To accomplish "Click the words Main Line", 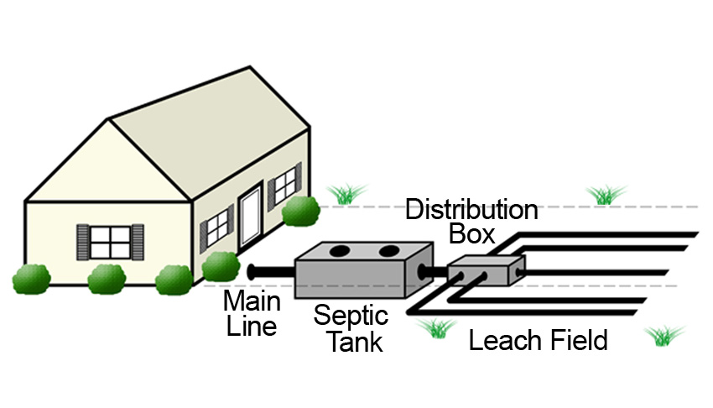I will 252,313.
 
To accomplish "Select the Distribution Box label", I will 471,221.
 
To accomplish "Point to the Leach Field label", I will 538,341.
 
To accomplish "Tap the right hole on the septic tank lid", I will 388,251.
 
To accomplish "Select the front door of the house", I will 251,217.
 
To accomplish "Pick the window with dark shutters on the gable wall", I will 111,242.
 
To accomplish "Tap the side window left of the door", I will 216,227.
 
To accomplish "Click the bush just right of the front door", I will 300,212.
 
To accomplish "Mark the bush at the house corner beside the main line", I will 221,266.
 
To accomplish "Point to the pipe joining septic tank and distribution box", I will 439,270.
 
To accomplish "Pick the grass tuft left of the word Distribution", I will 344,194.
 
